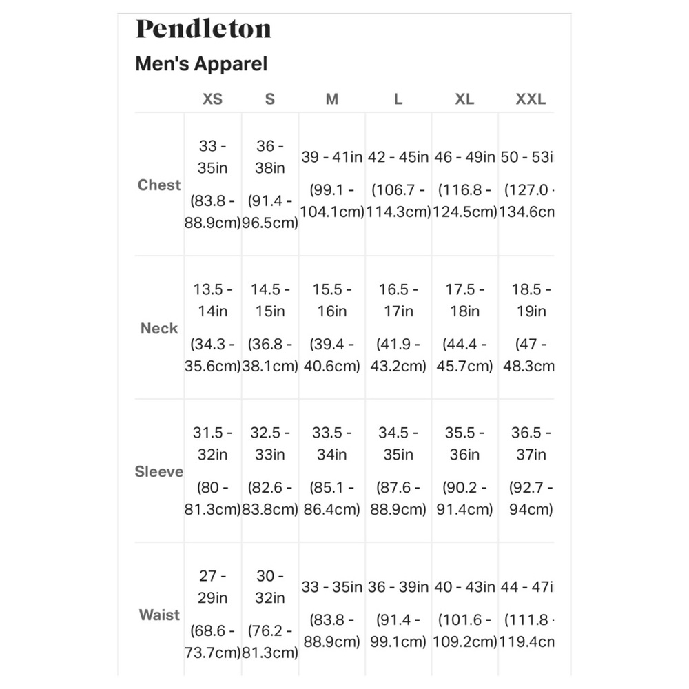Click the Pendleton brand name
[203, 29]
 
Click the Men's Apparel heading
[201, 64]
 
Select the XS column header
[212, 99]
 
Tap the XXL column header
[531, 99]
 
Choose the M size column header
[332, 99]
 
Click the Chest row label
[159, 185]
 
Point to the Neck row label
[159, 328]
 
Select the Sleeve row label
[159, 472]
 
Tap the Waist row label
[159, 615]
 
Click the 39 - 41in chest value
[332, 157]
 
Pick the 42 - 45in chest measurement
[398, 157]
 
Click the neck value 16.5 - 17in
[398, 300]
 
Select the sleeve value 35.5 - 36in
[464, 444]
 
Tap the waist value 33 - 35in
[332, 587]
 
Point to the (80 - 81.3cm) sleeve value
[212, 499]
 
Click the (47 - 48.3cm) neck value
[531, 355]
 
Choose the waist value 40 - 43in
[464, 587]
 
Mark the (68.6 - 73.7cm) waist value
[212, 641]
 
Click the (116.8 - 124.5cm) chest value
[464, 200]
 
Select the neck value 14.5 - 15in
[269, 300]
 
